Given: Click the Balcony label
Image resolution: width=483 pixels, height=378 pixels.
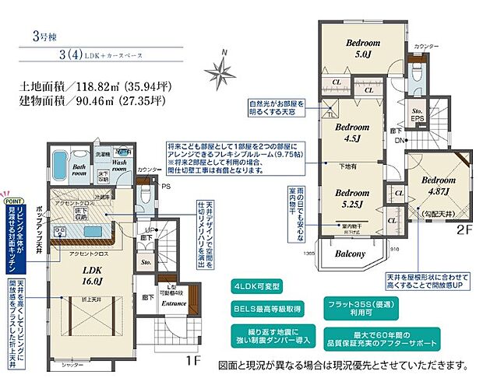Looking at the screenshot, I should pos(351,254).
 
